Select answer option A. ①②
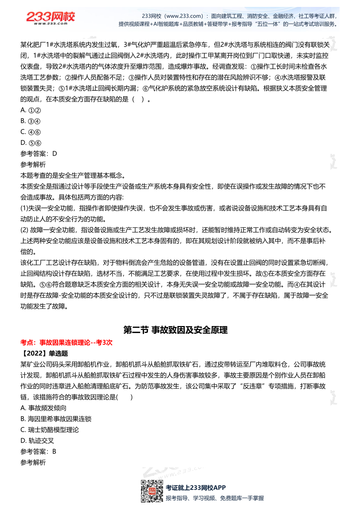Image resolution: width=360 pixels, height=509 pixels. click(30, 110)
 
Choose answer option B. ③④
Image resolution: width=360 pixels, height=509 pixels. click(30, 121)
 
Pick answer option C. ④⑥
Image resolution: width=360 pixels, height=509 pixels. click(30, 132)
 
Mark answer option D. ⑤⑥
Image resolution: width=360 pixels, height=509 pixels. click(30, 143)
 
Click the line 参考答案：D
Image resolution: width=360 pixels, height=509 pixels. click(39, 153)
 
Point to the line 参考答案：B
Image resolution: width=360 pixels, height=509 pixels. click(39, 451)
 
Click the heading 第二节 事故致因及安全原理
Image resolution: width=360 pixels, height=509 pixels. click(175, 330)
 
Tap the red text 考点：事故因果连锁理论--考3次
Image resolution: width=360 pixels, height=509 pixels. click(66, 342)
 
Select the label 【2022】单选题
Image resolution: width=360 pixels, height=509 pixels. click(44, 353)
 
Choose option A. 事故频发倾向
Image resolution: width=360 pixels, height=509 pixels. click(43, 408)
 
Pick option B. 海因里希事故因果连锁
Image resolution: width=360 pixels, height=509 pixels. click(56, 419)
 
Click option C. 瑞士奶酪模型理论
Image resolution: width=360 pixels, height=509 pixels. click(49, 430)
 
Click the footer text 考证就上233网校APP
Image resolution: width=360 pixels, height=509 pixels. click(196, 488)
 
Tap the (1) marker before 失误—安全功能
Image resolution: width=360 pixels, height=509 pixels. click(24, 208)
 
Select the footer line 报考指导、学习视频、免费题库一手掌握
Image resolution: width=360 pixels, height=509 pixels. click(215, 498)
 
